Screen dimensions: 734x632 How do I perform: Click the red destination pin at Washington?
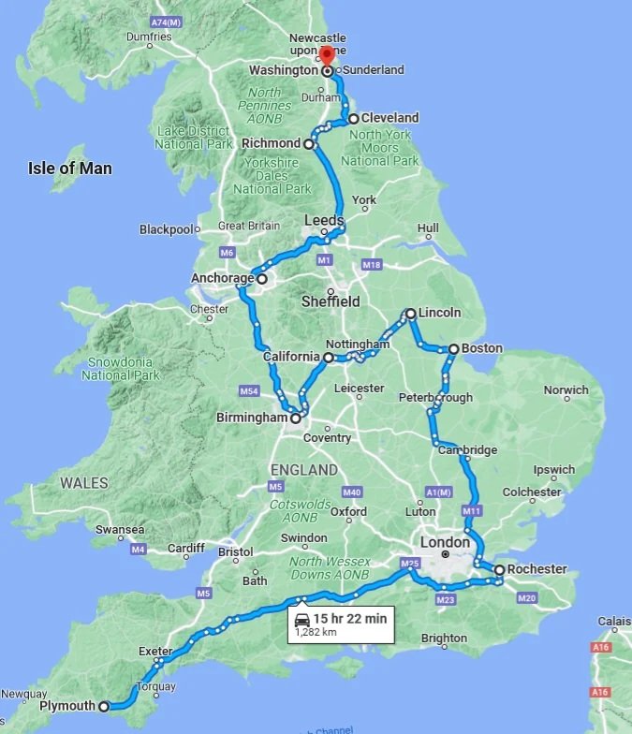tap(327, 57)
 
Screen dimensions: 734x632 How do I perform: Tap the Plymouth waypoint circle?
tap(104, 707)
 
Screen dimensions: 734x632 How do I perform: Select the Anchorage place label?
tap(222, 279)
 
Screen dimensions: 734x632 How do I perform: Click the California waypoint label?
tap(291, 357)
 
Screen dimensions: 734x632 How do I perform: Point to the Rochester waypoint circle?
tap(500, 569)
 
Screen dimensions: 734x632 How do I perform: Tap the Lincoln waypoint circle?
tap(410, 314)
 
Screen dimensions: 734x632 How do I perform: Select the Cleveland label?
tap(390, 118)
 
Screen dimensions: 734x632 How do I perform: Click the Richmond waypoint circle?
tap(308, 144)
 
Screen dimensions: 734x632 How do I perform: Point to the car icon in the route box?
tap(302, 620)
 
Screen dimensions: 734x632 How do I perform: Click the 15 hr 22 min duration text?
tap(350, 619)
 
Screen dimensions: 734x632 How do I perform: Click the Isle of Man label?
tap(70, 169)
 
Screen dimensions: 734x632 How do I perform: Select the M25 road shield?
tap(408, 563)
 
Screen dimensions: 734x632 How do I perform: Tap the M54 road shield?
tap(249, 390)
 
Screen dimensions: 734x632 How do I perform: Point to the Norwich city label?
tap(566, 390)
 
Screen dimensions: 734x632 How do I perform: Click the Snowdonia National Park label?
tap(118, 369)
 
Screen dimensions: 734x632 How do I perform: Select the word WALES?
tap(84, 483)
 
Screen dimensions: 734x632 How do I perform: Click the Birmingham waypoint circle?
tap(296, 418)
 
